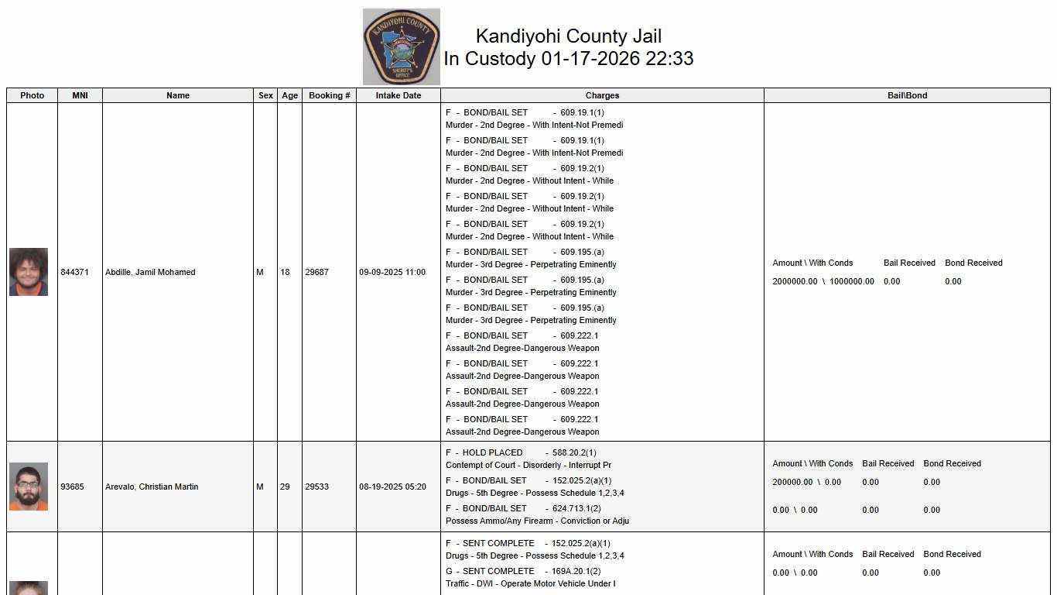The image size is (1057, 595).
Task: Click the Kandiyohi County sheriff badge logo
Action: [x=401, y=46]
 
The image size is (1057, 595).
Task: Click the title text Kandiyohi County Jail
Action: [x=568, y=36]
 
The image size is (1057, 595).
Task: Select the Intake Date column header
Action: [x=398, y=95]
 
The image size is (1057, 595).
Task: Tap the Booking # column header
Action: [x=329, y=95]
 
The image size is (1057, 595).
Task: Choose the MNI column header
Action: [x=80, y=95]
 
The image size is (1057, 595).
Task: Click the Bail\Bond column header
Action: [x=907, y=95]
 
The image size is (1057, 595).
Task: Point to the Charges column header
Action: [x=602, y=95]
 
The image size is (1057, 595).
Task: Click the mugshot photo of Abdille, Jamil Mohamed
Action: [x=29, y=272]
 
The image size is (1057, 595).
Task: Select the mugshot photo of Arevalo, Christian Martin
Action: [x=29, y=487]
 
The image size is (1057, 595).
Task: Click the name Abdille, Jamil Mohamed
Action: [x=150, y=272]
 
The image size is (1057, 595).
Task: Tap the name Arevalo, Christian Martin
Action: [x=152, y=487]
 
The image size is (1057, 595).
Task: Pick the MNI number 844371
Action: [x=74, y=272]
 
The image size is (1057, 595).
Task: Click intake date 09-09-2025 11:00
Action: [x=392, y=272]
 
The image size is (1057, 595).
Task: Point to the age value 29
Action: [x=285, y=487]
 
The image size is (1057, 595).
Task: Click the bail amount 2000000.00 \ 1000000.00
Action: [x=823, y=281]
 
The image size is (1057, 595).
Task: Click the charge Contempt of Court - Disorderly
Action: [x=528, y=465]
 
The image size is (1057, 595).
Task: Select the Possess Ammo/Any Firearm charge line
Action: [x=537, y=521]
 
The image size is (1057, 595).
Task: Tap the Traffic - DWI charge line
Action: [x=530, y=583]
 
